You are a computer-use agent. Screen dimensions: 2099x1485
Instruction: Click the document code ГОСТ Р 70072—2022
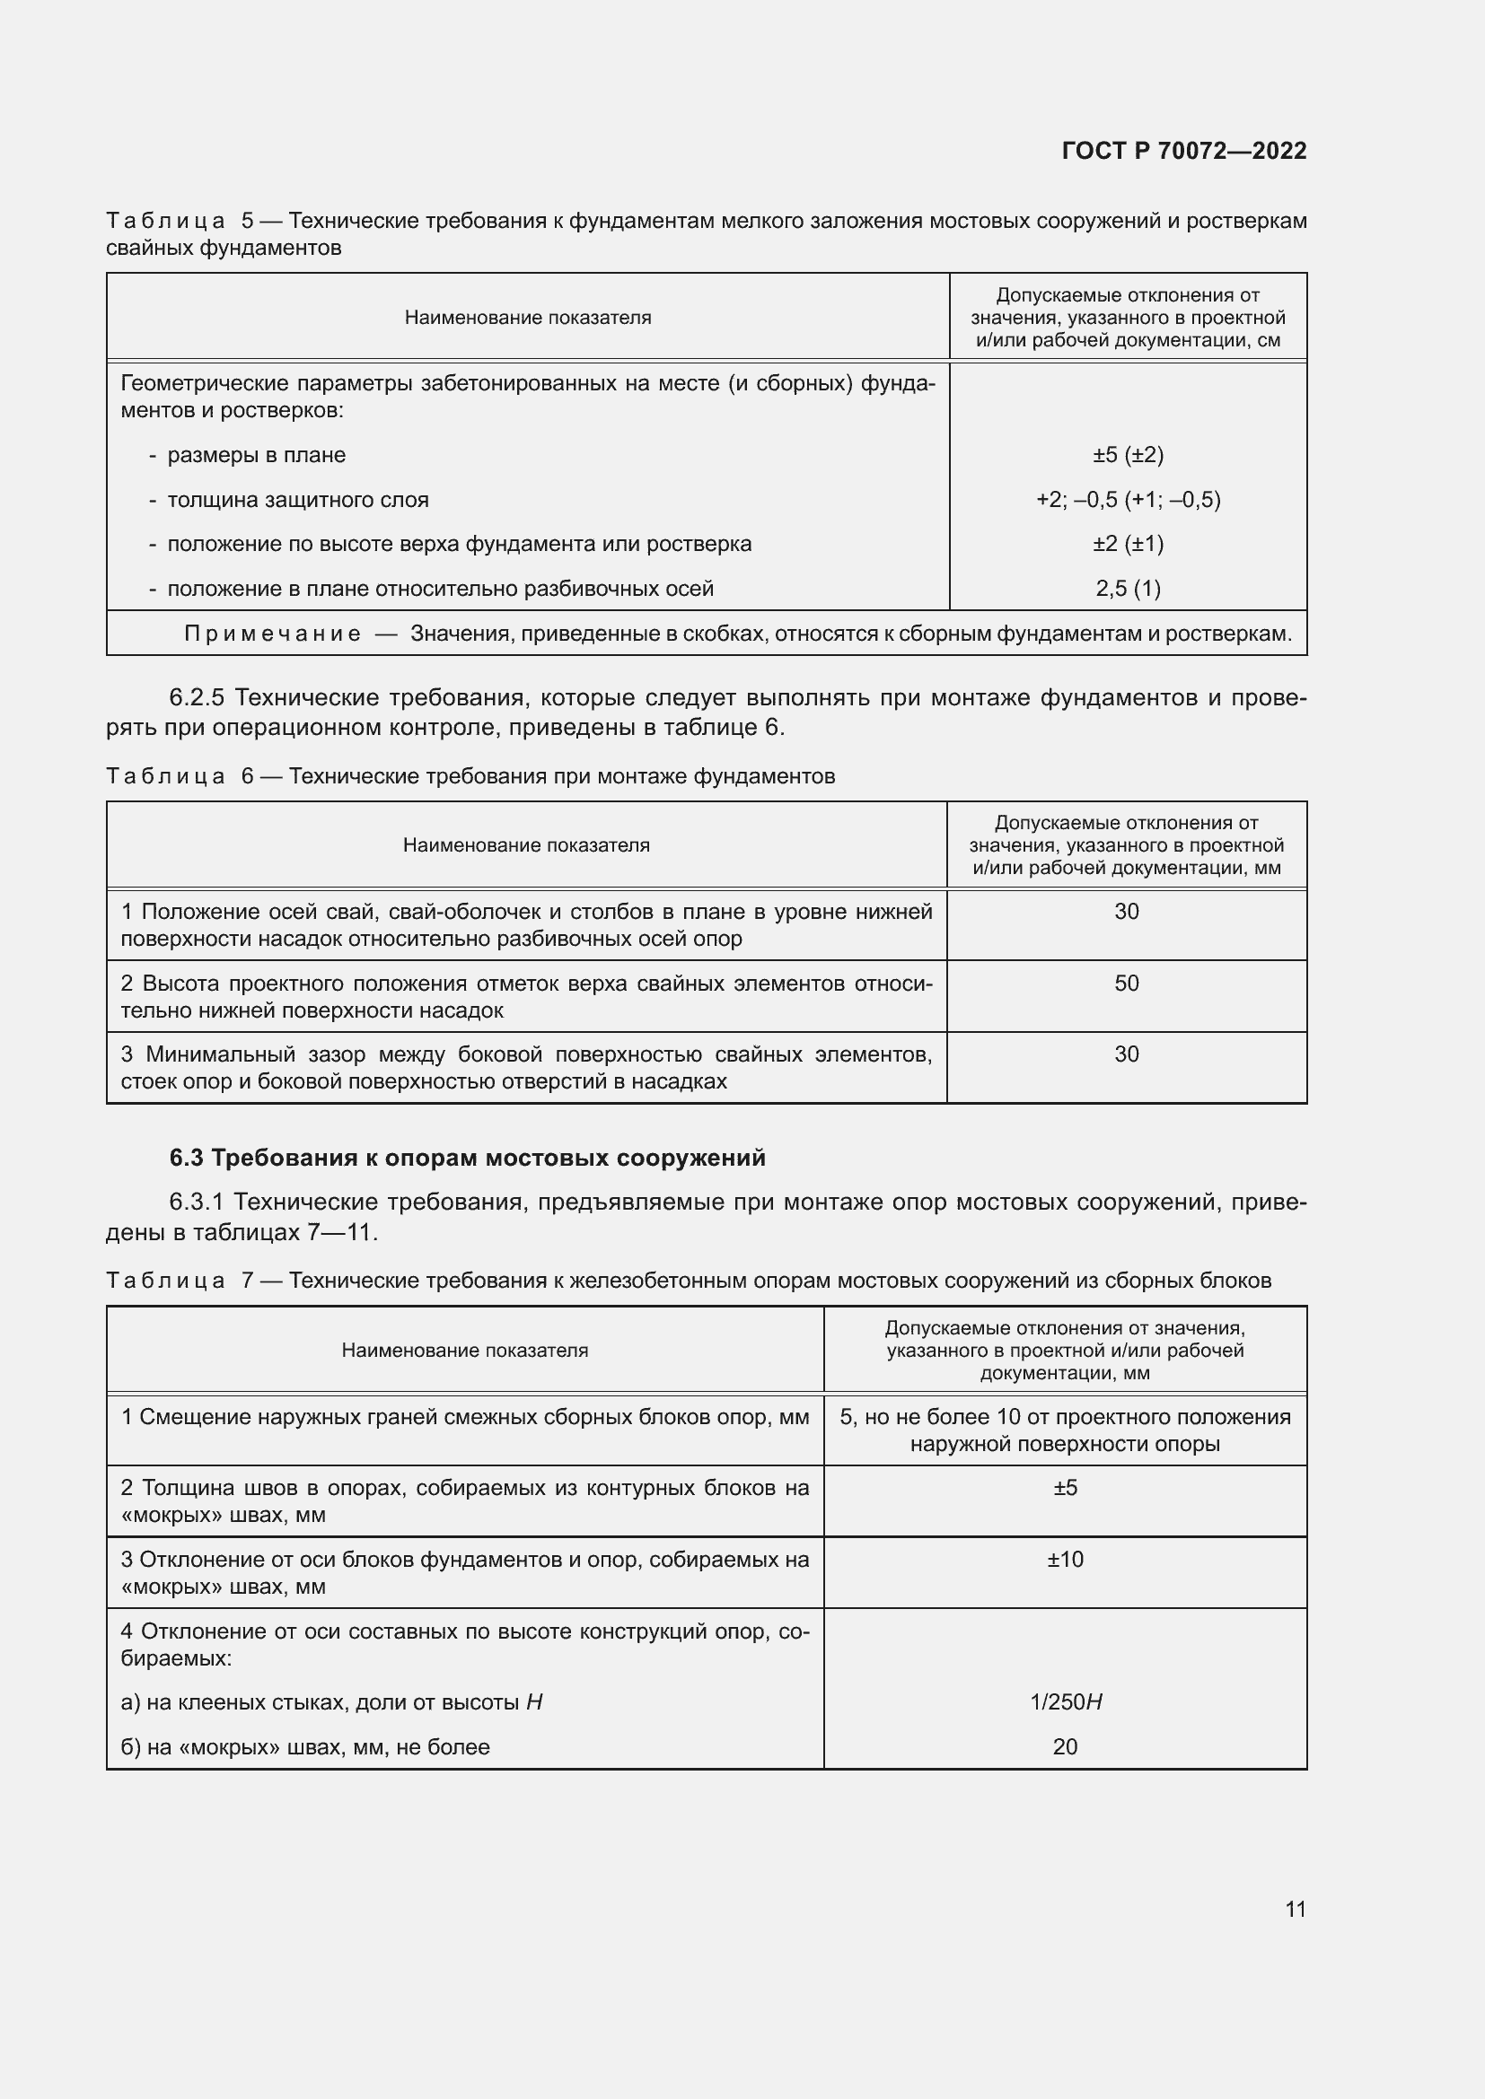click(x=1183, y=151)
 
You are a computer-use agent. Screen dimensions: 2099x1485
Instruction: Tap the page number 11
click(x=1295, y=1909)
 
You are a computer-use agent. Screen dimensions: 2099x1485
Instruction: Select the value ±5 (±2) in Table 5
click(x=1128, y=454)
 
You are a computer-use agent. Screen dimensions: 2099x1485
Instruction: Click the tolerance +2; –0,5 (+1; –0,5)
click(x=1128, y=499)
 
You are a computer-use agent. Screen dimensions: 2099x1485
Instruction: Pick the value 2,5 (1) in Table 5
click(x=1128, y=588)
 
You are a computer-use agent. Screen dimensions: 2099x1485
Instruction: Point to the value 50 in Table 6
click(x=1126, y=983)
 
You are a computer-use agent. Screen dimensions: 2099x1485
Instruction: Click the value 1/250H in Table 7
click(x=1066, y=1701)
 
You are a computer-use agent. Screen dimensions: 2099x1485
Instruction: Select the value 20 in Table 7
click(x=1065, y=1746)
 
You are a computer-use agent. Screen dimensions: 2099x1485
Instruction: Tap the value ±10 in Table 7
click(x=1065, y=1559)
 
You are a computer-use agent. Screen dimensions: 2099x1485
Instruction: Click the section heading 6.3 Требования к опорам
click(x=467, y=1158)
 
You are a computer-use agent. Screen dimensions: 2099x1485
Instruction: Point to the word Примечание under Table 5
click(x=271, y=634)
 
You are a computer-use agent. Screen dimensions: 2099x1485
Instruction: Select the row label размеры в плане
click(x=256, y=454)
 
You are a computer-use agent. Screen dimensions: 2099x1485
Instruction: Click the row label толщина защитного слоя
click(x=297, y=499)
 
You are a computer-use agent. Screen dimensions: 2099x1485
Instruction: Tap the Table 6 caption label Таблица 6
click(x=180, y=776)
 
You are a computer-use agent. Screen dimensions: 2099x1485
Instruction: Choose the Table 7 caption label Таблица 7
click(x=180, y=1280)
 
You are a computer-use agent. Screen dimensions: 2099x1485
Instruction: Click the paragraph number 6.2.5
click(x=196, y=697)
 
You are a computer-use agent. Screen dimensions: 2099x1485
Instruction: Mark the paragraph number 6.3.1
click(x=196, y=1202)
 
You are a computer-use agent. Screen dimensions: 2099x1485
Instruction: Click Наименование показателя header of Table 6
click(x=526, y=844)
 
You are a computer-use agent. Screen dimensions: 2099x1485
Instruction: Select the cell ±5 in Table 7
click(x=1065, y=1487)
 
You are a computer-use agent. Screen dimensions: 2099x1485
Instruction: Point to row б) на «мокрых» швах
click(x=305, y=1746)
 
